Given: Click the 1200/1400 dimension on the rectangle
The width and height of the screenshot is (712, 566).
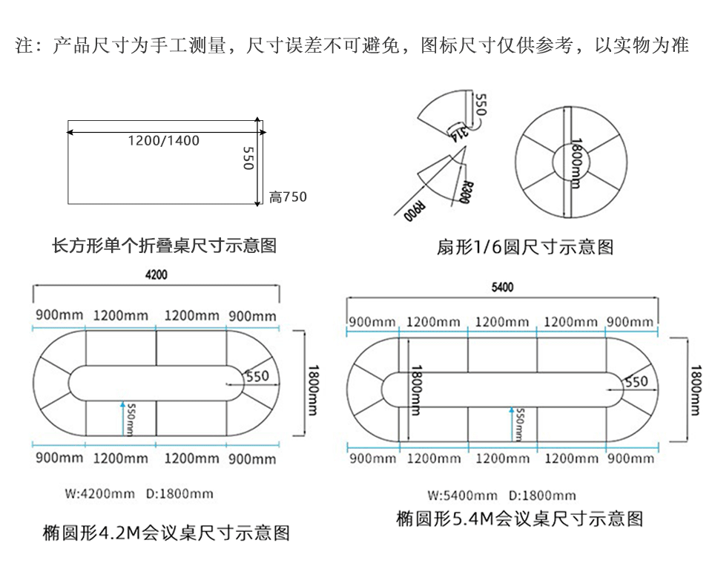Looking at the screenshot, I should click(x=163, y=140).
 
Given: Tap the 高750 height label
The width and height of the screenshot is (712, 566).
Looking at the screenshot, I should click(x=288, y=197).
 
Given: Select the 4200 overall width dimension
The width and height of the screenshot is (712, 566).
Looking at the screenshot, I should click(x=156, y=274).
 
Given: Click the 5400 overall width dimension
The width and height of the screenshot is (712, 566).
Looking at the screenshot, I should click(x=503, y=288).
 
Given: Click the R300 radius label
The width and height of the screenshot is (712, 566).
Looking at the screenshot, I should click(x=465, y=192).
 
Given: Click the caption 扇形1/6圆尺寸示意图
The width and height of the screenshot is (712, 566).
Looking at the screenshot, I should click(x=525, y=247).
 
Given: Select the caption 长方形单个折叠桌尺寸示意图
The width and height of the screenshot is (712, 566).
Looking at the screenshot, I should click(x=164, y=245).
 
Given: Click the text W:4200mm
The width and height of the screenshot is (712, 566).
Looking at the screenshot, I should click(x=99, y=493).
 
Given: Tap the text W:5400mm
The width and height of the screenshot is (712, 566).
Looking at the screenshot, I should click(x=462, y=496).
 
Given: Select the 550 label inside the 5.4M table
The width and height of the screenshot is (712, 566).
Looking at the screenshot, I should click(x=636, y=381).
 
